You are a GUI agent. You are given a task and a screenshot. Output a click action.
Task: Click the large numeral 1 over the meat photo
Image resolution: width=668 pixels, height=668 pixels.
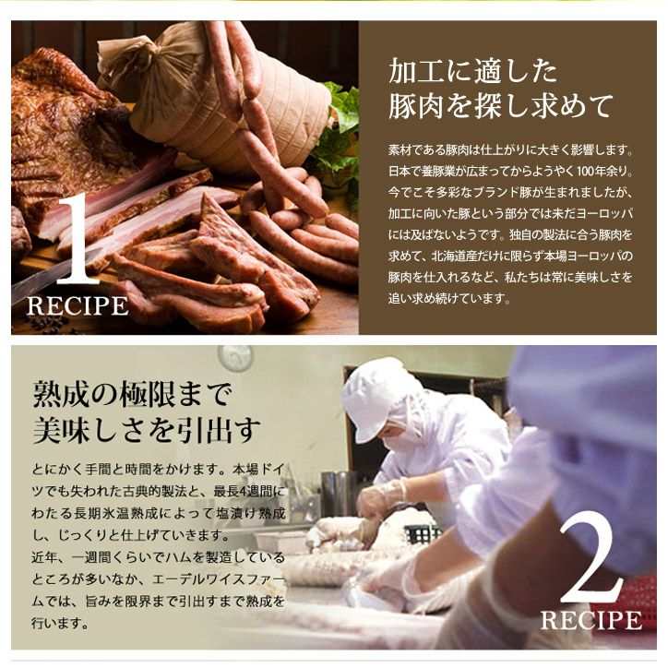[x=78, y=240]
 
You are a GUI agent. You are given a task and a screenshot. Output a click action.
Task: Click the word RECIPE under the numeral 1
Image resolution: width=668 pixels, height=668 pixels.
[x=78, y=305]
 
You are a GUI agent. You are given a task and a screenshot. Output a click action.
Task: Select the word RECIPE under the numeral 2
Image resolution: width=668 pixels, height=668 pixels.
[x=591, y=620]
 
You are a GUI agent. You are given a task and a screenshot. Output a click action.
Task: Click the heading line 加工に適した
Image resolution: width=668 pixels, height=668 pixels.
[x=473, y=72]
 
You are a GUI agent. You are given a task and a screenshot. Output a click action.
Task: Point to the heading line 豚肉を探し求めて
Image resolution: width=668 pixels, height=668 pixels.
[x=500, y=106]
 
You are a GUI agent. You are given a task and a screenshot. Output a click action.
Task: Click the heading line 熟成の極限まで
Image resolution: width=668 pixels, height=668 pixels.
[x=133, y=394]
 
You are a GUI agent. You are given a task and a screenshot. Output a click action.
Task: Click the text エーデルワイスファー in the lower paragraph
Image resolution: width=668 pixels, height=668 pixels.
[x=218, y=579]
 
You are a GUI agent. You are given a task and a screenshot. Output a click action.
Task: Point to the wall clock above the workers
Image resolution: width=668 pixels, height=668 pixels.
[x=235, y=358]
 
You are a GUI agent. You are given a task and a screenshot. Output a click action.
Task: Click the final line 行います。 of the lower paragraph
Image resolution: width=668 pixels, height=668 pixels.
[x=60, y=624]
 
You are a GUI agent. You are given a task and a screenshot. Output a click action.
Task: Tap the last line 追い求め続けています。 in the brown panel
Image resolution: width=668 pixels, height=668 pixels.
[x=449, y=298]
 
